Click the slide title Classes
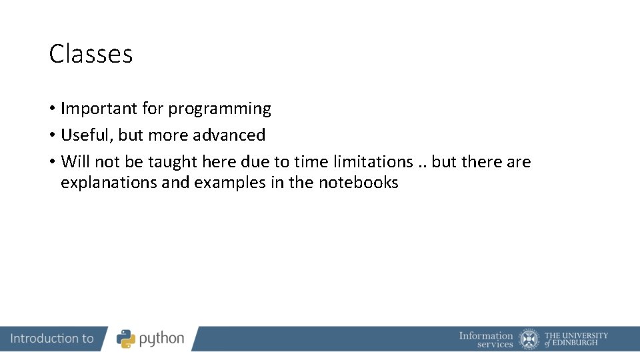pos(91,54)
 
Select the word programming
pos(219,109)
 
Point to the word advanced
pos(229,135)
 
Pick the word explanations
pos(109,183)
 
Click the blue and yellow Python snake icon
pos(126,339)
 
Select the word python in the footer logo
pos(161,339)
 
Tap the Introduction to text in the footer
pos(52,339)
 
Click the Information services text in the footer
pos(486,339)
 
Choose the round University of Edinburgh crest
pos(529,339)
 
